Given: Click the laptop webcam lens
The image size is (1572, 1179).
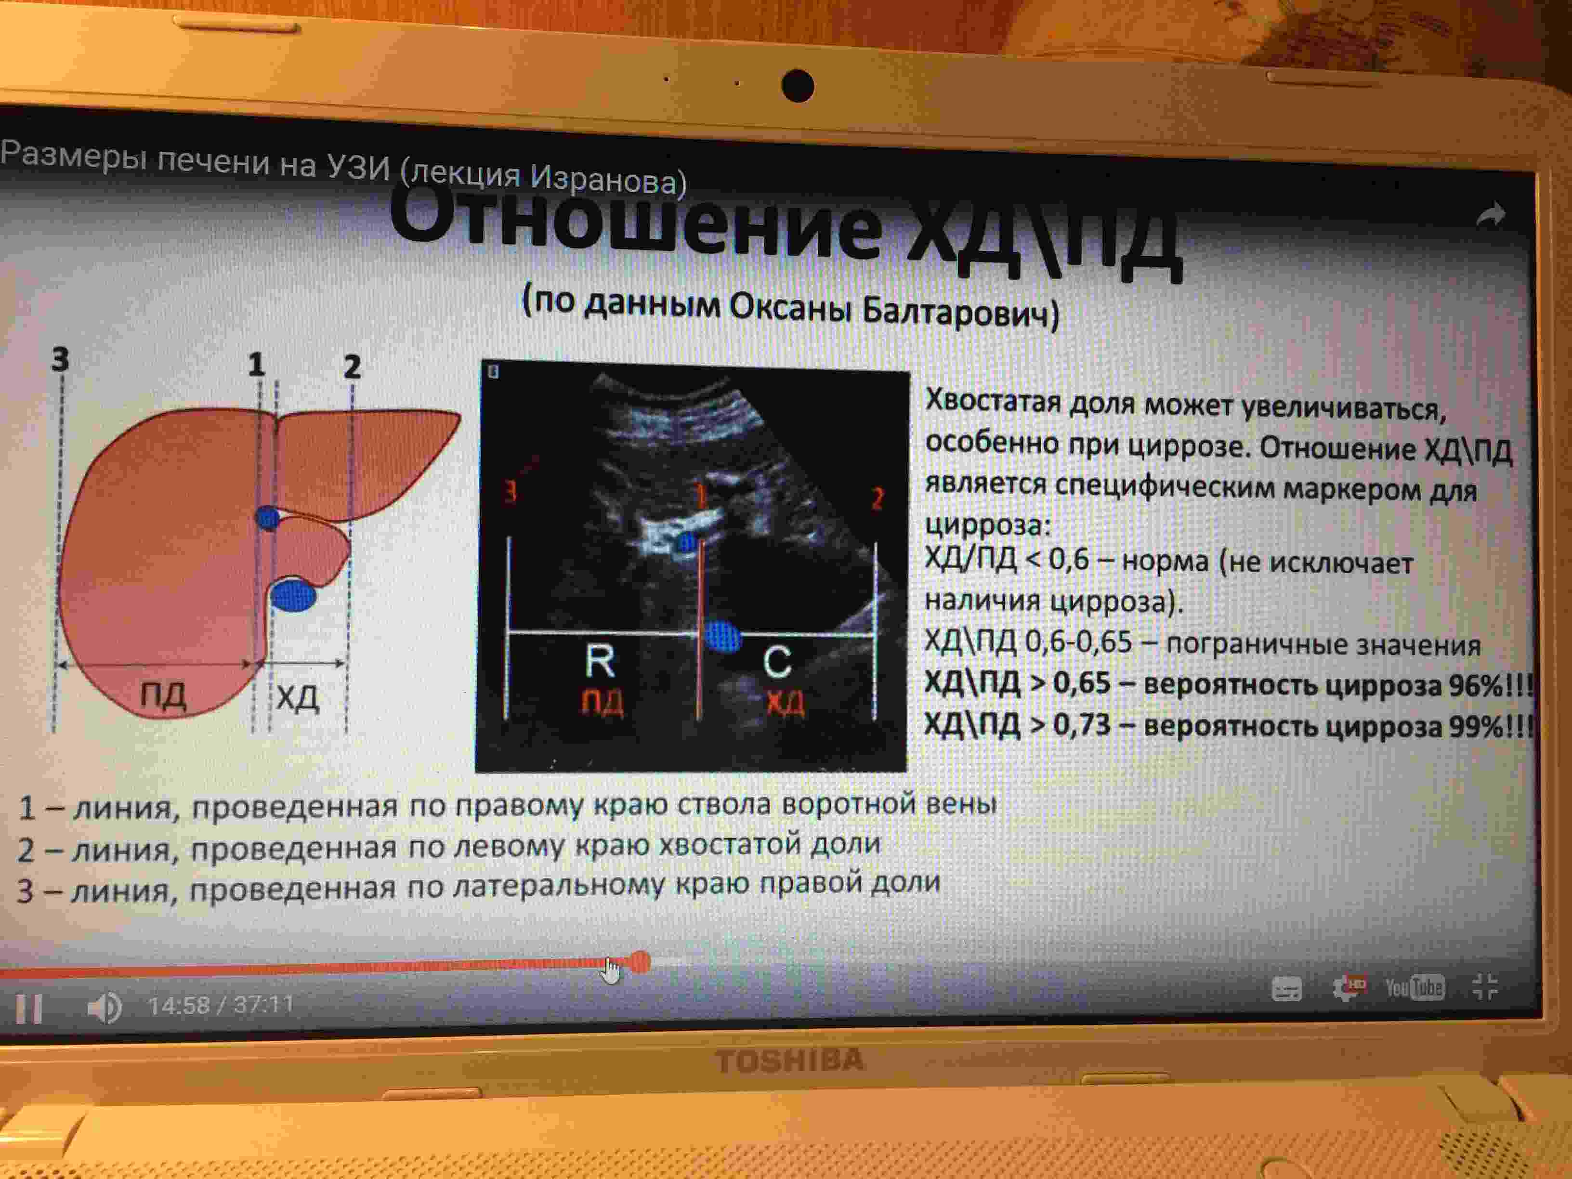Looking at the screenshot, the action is point(798,86).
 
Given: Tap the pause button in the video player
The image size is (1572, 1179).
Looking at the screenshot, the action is point(29,1008).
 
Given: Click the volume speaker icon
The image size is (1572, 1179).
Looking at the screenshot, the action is point(105,1008).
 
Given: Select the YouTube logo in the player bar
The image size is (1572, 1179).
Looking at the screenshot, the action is point(1414,987).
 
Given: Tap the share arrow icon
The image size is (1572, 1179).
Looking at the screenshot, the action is point(1490,215).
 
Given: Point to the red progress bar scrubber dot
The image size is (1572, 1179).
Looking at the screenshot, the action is point(640,962).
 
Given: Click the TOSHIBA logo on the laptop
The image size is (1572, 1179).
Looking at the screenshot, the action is point(789,1061).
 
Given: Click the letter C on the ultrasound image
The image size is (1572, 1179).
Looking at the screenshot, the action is point(777,662).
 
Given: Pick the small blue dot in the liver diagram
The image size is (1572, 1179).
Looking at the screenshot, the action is point(268,517).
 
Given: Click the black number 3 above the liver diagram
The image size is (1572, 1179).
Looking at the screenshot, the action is point(60,359).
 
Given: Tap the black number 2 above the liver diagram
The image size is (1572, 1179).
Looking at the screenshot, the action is point(352,366).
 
